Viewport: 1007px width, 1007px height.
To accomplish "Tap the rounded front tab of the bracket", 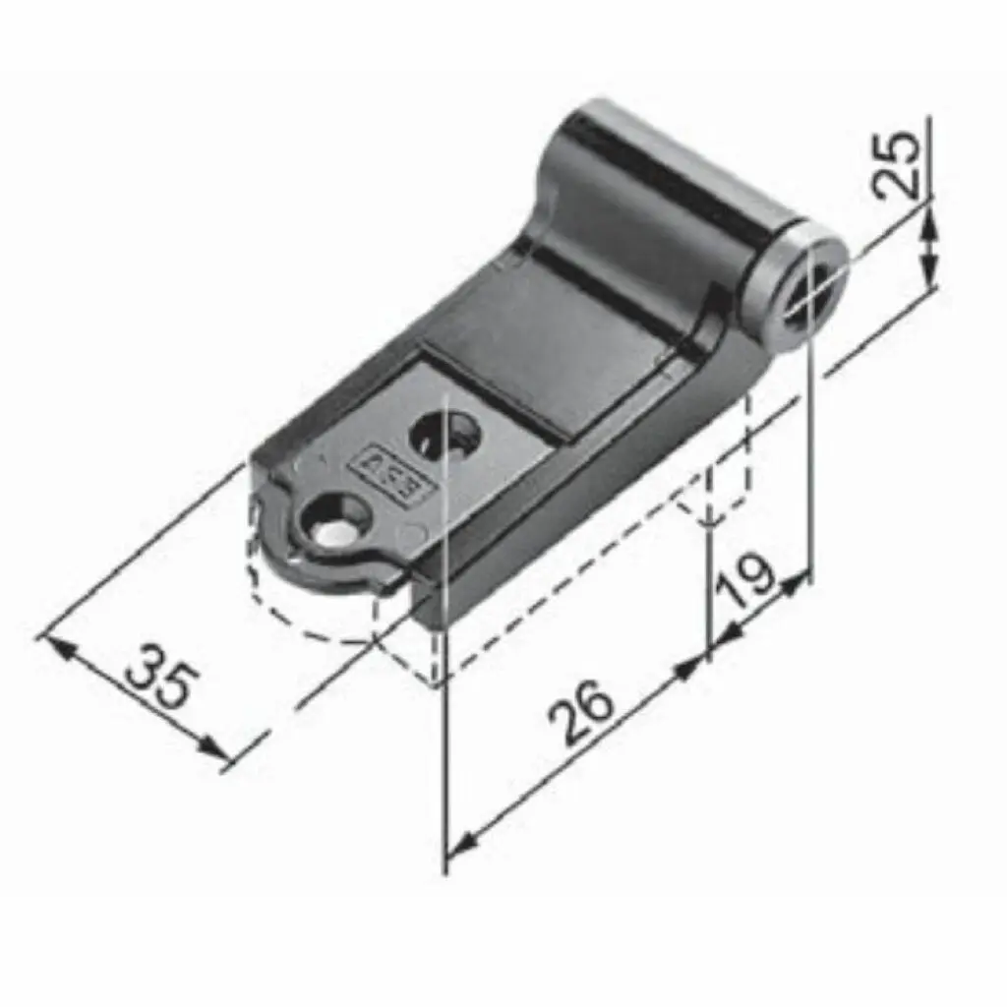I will (325, 551).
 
